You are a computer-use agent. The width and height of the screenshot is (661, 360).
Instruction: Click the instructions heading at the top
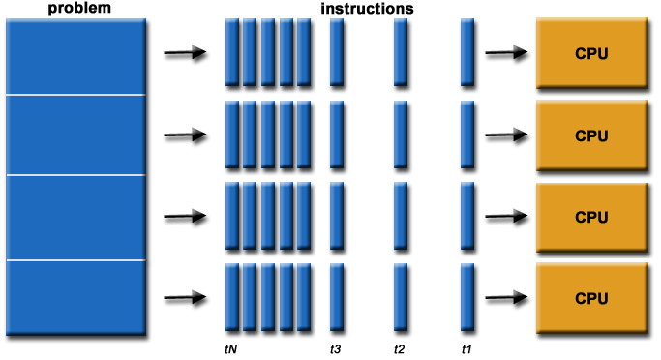click(x=368, y=8)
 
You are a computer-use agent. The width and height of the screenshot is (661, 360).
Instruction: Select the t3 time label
click(x=336, y=347)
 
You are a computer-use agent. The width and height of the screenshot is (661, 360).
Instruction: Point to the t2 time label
click(x=400, y=347)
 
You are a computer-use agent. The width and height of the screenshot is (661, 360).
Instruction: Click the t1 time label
click(x=466, y=347)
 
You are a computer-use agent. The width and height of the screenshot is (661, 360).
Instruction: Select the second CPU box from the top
click(x=591, y=135)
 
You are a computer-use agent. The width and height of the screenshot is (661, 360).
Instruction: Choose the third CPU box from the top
click(x=591, y=217)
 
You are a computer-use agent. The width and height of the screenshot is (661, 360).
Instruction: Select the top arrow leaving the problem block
click(x=185, y=54)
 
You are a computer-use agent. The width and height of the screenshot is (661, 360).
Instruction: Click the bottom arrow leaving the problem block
click(x=185, y=298)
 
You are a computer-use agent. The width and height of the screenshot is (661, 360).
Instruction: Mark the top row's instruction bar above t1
click(x=466, y=52)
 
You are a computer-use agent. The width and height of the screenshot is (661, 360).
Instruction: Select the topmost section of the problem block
click(x=75, y=56)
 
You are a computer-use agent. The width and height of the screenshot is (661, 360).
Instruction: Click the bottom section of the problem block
click(x=75, y=297)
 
